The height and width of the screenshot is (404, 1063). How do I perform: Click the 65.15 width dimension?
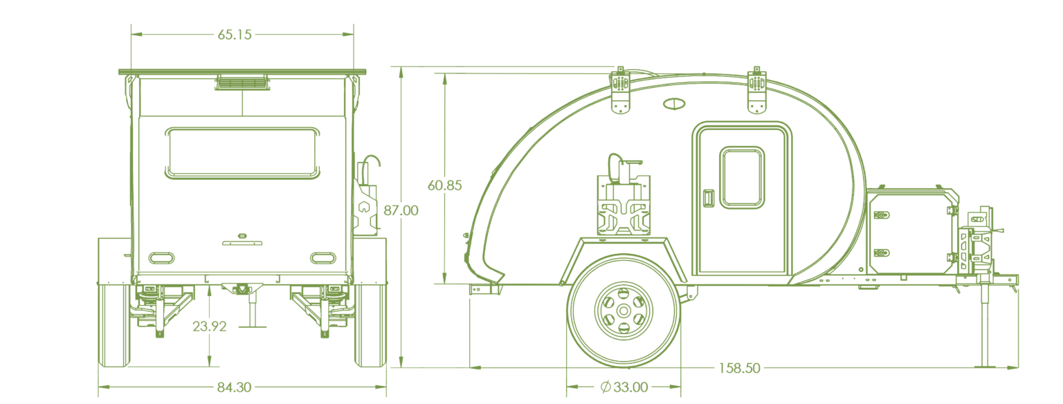[235, 35]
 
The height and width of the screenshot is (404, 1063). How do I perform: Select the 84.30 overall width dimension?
[234, 387]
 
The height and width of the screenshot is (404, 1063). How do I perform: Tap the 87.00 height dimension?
[401, 210]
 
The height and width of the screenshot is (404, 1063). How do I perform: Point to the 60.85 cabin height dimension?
[445, 185]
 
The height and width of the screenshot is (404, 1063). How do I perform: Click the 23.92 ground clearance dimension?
[209, 327]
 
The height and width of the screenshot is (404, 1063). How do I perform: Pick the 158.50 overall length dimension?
[739, 368]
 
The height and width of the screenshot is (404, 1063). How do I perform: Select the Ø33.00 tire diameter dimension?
[624, 387]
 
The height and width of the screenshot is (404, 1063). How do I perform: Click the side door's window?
[742, 177]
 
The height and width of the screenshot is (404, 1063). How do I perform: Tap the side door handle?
[708, 198]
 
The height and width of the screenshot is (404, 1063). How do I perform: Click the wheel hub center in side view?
[624, 311]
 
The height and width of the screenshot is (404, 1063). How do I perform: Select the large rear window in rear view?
[242, 153]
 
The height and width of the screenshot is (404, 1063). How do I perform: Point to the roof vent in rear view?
[242, 82]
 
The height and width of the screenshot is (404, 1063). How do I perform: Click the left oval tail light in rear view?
[161, 259]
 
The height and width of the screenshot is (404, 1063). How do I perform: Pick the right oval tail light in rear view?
[323, 259]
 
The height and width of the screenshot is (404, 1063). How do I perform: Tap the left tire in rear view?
[114, 325]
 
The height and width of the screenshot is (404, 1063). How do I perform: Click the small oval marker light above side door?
[674, 104]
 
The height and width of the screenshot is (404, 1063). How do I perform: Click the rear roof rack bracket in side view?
[621, 91]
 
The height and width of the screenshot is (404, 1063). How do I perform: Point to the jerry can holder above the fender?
[624, 204]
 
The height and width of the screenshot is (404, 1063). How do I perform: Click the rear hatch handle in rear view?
[242, 244]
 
